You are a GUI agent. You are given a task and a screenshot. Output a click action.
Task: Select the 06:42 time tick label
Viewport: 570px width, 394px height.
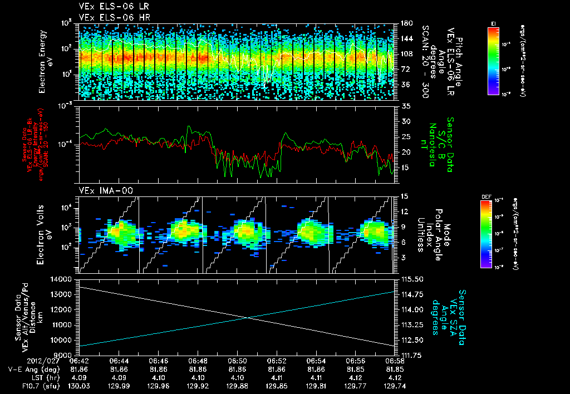[80, 361]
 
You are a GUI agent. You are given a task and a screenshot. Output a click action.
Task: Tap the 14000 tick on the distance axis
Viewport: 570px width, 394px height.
[63, 278]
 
